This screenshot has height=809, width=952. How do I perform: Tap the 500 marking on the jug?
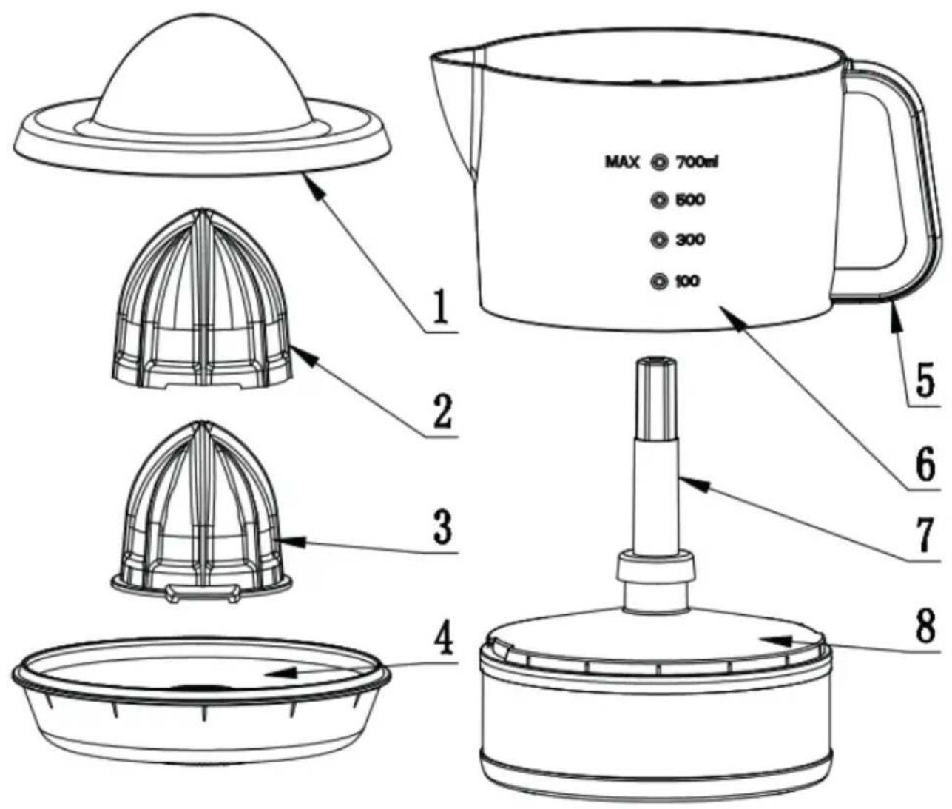coord(689,201)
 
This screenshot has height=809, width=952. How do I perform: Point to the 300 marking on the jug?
coord(690,240)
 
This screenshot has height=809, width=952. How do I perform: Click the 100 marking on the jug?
coord(687,281)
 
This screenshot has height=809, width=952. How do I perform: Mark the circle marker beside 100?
coord(659,282)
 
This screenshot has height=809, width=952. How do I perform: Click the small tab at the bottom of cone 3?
coord(203,593)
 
